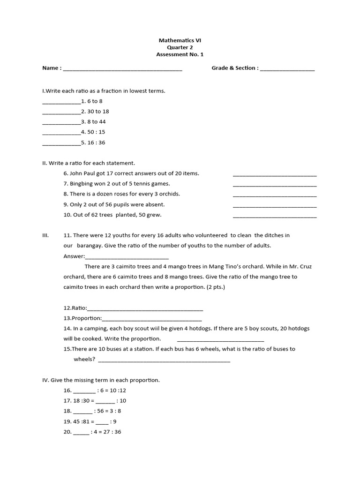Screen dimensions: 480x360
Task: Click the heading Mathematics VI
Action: pyautogui.click(x=180, y=40)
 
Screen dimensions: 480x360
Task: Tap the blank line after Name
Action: pyautogui.click(x=122, y=69)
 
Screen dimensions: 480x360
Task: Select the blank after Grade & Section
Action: pyautogui.click(x=287, y=69)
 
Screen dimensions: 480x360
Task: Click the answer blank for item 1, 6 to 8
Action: pyautogui.click(x=61, y=102)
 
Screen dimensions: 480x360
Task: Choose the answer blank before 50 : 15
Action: pyautogui.click(x=61, y=133)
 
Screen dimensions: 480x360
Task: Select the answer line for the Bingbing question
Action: pyautogui.click(x=274, y=185)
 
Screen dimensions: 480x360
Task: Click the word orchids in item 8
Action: pyautogui.click(x=170, y=194)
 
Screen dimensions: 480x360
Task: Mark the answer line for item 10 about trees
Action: pyautogui.click(x=274, y=216)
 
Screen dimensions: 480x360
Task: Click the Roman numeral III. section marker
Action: pyautogui.click(x=46, y=235)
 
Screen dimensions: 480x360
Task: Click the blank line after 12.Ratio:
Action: pyautogui.click(x=145, y=309)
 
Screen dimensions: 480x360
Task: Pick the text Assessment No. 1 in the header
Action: pyautogui.click(x=180, y=54)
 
